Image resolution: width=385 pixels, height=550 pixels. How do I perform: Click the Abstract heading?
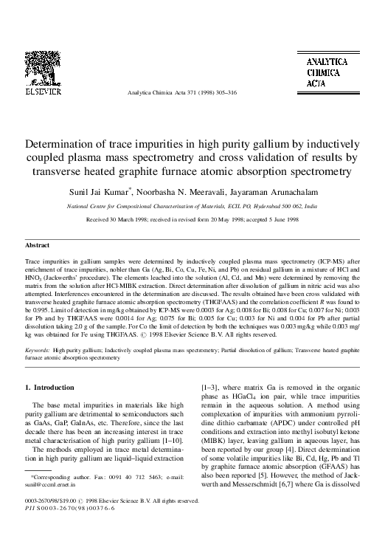[x=38, y=244]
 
